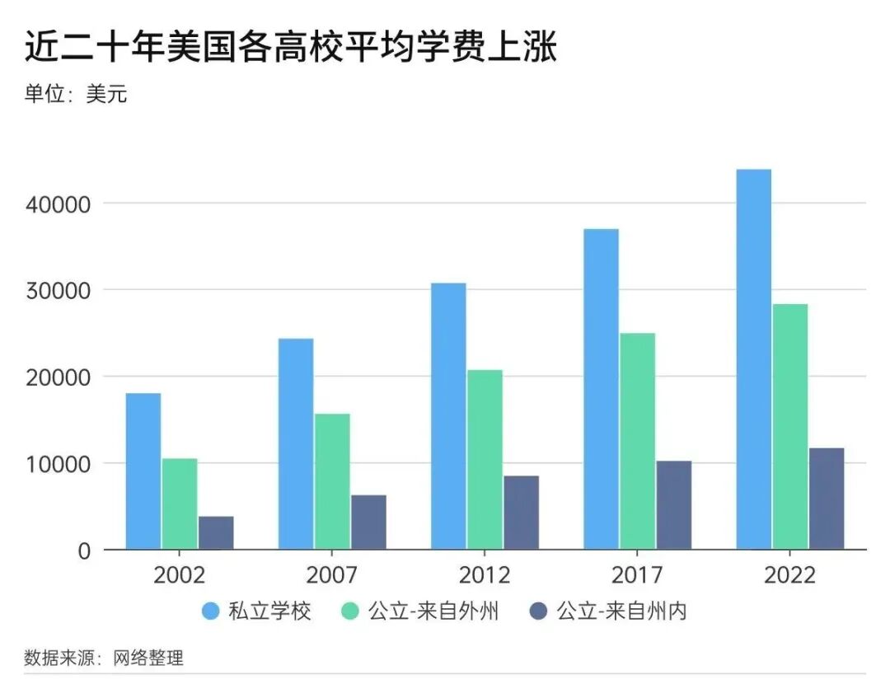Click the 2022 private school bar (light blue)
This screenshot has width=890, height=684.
(x=753, y=359)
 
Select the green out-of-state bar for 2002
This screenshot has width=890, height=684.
(x=180, y=504)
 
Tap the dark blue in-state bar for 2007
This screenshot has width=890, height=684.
(x=368, y=522)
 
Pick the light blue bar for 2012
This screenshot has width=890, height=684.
(x=448, y=416)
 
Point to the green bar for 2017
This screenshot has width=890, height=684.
(x=637, y=441)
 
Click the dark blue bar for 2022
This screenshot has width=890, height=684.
(x=826, y=499)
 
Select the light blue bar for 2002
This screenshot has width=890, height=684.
(x=143, y=471)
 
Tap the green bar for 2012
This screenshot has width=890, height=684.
(x=485, y=459)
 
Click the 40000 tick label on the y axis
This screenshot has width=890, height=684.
(x=57, y=204)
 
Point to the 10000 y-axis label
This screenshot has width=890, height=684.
(x=57, y=464)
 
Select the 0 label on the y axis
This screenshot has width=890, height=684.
(x=83, y=550)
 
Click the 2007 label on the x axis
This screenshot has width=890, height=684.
(x=331, y=574)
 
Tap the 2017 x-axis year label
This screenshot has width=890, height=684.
(x=636, y=574)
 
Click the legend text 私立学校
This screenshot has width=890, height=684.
(x=270, y=611)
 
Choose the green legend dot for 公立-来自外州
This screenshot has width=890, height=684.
(x=350, y=611)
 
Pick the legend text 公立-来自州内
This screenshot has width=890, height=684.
(x=622, y=611)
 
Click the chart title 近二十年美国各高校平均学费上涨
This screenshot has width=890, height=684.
(x=290, y=48)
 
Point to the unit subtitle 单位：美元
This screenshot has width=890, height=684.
(x=76, y=94)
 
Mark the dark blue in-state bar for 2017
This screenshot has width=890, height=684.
(x=673, y=505)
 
